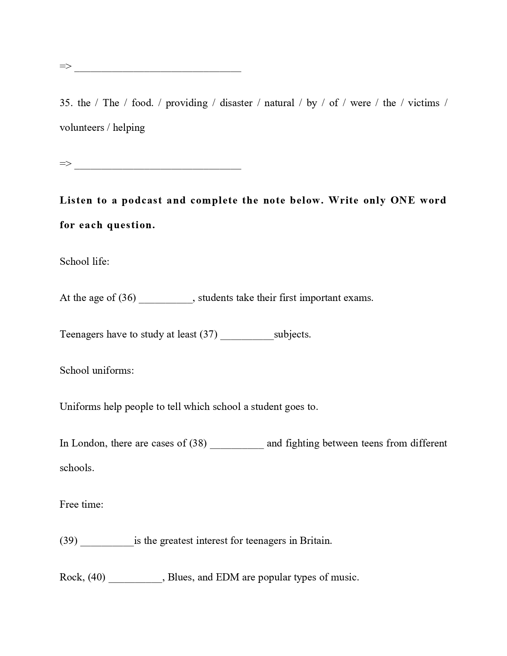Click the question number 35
[x=66, y=103]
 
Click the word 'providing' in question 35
[x=186, y=103]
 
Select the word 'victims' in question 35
[x=423, y=103]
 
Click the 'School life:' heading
[x=84, y=261]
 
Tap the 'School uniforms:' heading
[x=97, y=371]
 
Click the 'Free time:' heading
[x=82, y=505]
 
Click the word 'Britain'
[x=315, y=541]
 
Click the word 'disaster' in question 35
[x=236, y=103]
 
